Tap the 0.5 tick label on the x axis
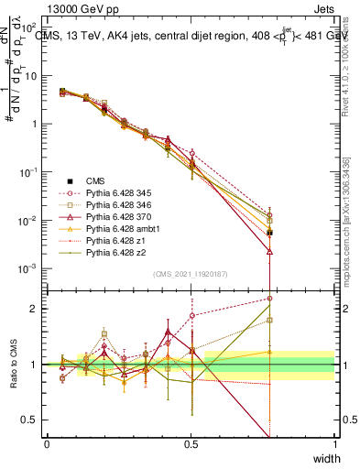(191, 443)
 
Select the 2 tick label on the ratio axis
(36, 309)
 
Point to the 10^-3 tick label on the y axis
(29, 269)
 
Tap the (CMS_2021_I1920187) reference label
(191, 274)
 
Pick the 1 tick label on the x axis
(334, 443)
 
